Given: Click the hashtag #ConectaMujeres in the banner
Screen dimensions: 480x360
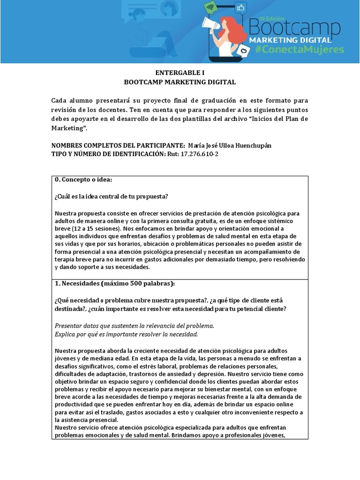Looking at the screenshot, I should coord(300,49).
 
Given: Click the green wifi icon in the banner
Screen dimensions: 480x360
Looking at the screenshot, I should coord(211,8).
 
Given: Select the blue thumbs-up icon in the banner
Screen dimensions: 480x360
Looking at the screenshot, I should coord(241,7).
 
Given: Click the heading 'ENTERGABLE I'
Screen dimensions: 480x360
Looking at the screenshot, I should coord(180,73).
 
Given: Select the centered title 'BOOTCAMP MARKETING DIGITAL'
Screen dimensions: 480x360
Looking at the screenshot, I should coord(180,82).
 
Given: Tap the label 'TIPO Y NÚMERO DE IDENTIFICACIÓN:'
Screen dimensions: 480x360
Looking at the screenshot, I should coord(108,154).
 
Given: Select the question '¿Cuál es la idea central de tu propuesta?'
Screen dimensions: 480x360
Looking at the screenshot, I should coord(112,196).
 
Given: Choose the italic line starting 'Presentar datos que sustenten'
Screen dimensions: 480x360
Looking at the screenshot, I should coord(134,325).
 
